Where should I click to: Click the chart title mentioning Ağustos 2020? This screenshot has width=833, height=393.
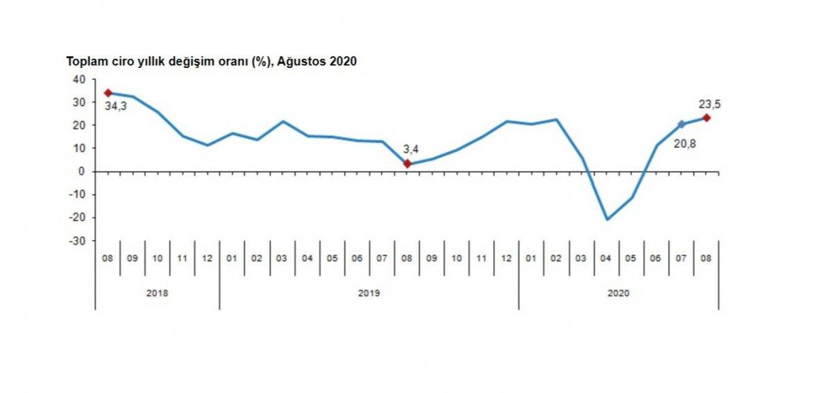pos(211,62)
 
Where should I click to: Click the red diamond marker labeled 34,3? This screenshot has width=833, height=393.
pos(108,93)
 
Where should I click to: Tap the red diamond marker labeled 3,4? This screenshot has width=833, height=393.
pos(407,164)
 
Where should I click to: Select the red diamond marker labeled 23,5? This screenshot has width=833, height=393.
pos(707,118)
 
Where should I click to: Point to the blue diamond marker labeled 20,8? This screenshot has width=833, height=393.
pos(682,124)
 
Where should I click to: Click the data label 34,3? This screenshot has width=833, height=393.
pos(116,107)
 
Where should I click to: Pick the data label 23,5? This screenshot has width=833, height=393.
pos(710,104)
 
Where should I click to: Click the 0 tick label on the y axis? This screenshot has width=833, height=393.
pos(81,171)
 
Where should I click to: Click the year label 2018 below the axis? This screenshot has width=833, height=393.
pos(158,293)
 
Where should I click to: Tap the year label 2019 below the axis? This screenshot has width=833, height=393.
pos(369,293)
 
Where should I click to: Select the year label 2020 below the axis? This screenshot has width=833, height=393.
pos(619,293)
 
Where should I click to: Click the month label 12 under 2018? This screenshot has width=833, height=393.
pos(208,258)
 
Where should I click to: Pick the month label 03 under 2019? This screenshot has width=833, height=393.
pos(283,258)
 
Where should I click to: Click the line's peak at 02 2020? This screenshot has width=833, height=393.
pos(557,120)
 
